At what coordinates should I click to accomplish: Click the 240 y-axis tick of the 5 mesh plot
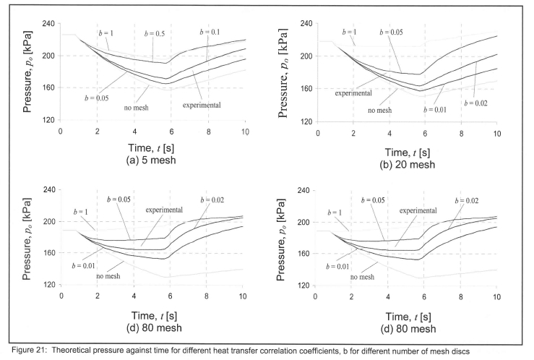coord(48,24)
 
